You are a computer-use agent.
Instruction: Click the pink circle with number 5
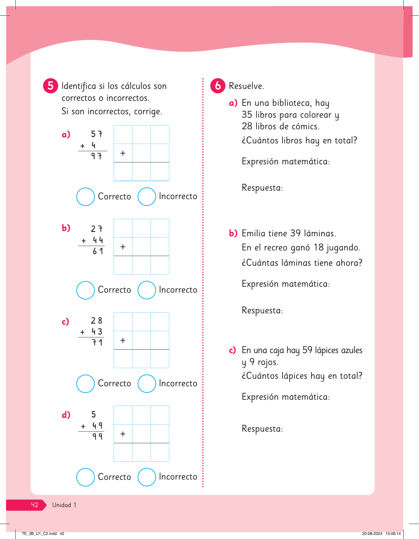[50, 86]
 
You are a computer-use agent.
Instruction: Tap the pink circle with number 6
[218, 86]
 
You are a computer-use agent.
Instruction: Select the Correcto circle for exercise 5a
[85, 197]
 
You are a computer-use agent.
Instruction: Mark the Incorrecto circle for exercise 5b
[147, 290]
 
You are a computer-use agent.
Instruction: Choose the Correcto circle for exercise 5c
[85, 384]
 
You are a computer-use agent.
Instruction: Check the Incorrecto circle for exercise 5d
[147, 477]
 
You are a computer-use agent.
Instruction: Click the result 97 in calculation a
[97, 156]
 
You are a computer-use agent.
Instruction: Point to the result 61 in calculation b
[98, 251]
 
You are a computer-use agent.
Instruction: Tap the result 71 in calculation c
[97, 342]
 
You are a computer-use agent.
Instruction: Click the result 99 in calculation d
[97, 436]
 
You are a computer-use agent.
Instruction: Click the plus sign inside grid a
[123, 153]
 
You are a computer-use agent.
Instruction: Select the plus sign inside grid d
[123, 434]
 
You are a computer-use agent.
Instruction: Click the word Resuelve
[246, 86]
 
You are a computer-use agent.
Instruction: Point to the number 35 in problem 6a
[247, 115]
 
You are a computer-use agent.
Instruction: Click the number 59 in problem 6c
[307, 350]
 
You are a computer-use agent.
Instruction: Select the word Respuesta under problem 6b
[262, 311]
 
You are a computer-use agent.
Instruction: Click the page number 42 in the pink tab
[34, 505]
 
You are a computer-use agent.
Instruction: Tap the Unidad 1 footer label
[64, 505]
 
